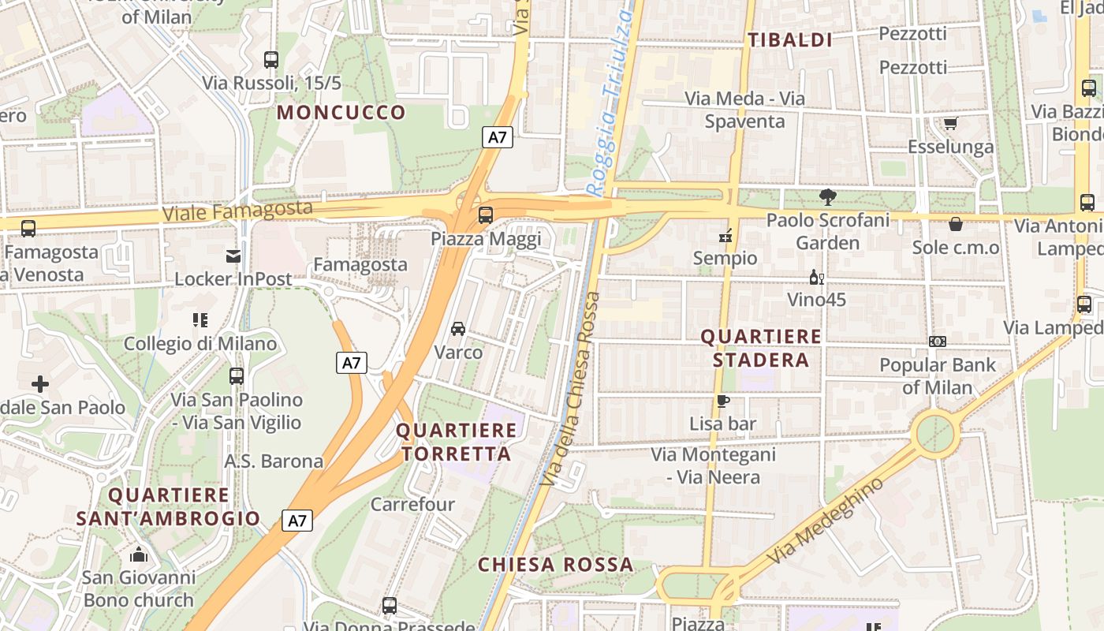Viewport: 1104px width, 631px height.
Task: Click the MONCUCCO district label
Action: pyautogui.click(x=341, y=112)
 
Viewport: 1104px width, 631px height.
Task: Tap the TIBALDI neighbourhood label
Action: pyautogui.click(x=790, y=40)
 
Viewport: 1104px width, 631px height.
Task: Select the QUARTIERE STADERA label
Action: pyautogui.click(x=761, y=348)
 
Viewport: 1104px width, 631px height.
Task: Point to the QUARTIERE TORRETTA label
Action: pyautogui.click(x=457, y=442)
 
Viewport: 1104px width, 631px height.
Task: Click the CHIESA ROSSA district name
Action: pyautogui.click(x=555, y=565)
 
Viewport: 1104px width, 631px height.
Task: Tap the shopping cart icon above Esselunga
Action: pyautogui.click(x=950, y=123)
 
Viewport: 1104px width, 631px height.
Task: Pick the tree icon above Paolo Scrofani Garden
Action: pyautogui.click(x=827, y=197)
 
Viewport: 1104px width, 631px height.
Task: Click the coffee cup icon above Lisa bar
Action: pyautogui.click(x=722, y=401)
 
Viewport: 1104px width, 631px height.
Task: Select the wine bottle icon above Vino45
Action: pyautogui.click(x=816, y=277)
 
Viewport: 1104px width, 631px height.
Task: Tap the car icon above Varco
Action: pyautogui.click(x=458, y=328)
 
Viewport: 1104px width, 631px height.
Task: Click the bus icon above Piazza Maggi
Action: pyautogui.click(x=486, y=215)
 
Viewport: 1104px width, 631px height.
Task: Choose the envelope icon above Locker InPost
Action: pyautogui.click(x=233, y=256)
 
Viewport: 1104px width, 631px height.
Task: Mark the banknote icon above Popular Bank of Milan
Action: pyautogui.click(x=938, y=342)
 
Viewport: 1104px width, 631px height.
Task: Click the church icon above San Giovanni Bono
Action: pyautogui.click(x=139, y=554)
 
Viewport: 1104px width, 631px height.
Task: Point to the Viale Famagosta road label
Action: pyautogui.click(x=237, y=211)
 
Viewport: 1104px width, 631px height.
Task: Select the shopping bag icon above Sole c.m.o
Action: pyautogui.click(x=956, y=224)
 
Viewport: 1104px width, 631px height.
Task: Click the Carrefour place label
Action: pyautogui.click(x=412, y=504)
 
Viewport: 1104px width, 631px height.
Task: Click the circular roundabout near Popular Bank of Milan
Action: pyautogui.click(x=935, y=435)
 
